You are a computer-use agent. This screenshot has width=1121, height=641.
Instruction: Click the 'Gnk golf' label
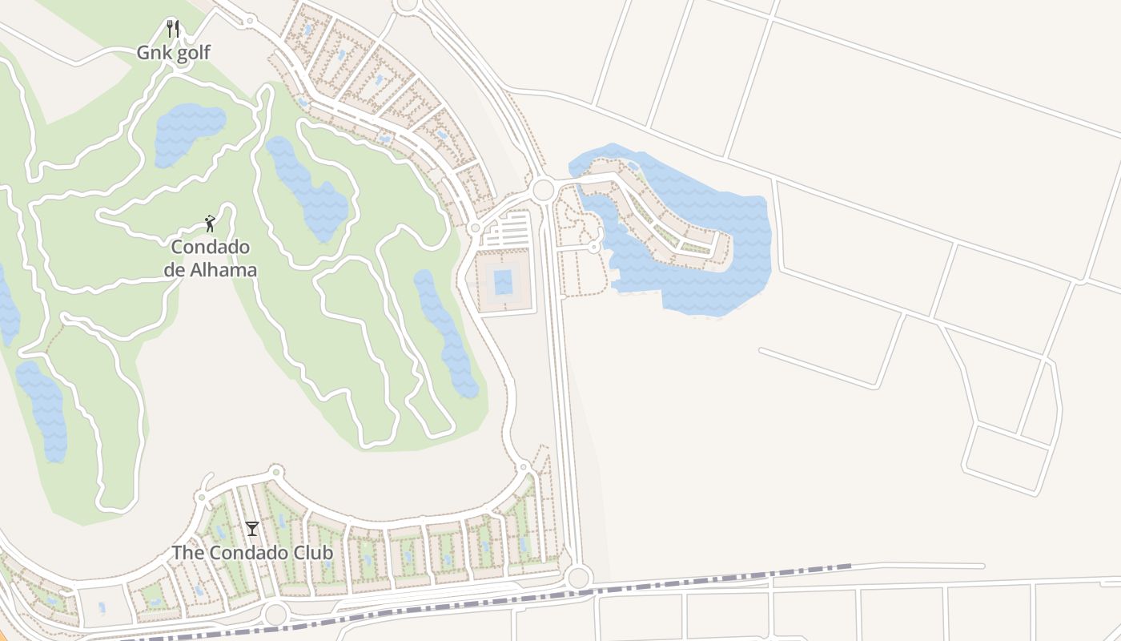[173, 53]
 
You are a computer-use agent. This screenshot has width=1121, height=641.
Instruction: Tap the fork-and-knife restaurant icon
[173, 29]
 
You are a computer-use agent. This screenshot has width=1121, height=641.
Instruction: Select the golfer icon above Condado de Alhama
[210, 224]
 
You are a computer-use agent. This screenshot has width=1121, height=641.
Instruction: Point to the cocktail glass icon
[252, 528]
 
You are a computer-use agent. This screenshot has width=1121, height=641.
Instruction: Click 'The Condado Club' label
[252, 553]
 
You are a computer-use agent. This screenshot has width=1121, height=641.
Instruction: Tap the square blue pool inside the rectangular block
[503, 282]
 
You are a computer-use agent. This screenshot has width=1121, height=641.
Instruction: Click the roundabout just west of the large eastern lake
[543, 190]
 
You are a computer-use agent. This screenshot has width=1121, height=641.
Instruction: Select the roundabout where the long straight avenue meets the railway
[578, 577]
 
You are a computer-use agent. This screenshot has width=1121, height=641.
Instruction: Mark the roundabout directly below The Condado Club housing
[275, 615]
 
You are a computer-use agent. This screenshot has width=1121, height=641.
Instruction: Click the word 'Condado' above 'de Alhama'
[211, 247]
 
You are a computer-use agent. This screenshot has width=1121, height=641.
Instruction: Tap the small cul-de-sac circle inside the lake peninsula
[594, 248]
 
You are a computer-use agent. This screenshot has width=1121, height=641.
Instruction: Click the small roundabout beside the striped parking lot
[475, 228]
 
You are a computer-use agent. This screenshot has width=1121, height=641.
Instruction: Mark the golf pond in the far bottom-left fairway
[43, 409]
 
